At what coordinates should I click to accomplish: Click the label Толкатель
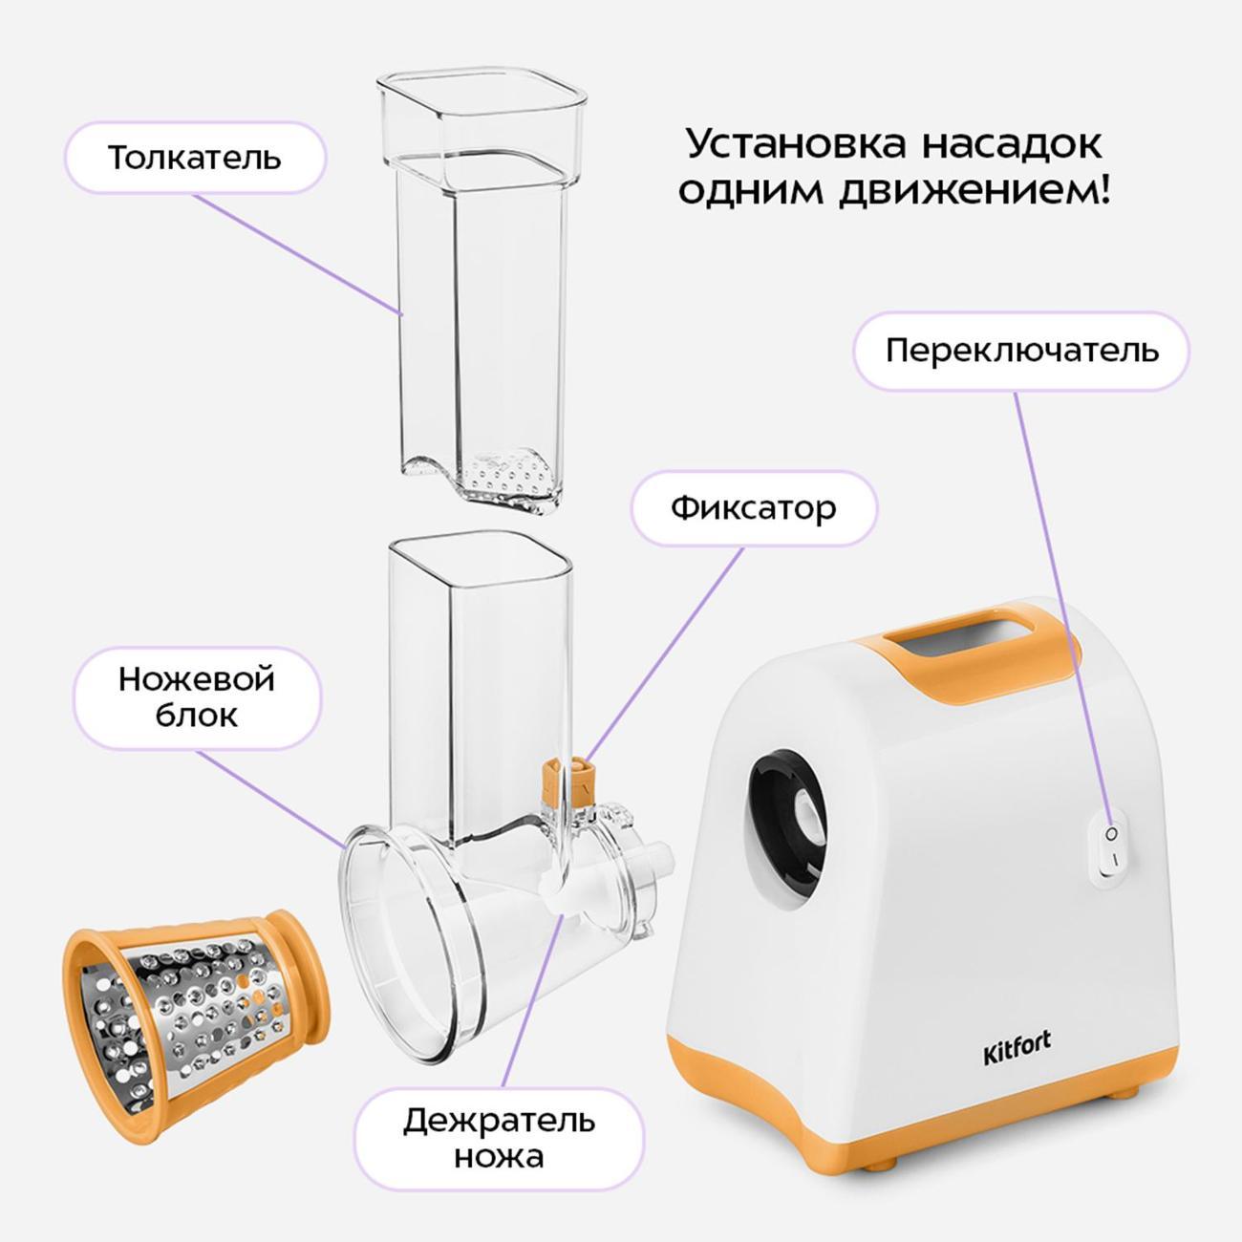(x=195, y=158)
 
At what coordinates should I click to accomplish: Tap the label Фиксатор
(x=754, y=508)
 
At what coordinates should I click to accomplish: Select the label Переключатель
(x=1021, y=352)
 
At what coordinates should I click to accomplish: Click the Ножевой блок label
(x=197, y=698)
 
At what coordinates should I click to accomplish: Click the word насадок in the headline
(x=1011, y=144)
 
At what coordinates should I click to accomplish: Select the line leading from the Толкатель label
(x=297, y=253)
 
